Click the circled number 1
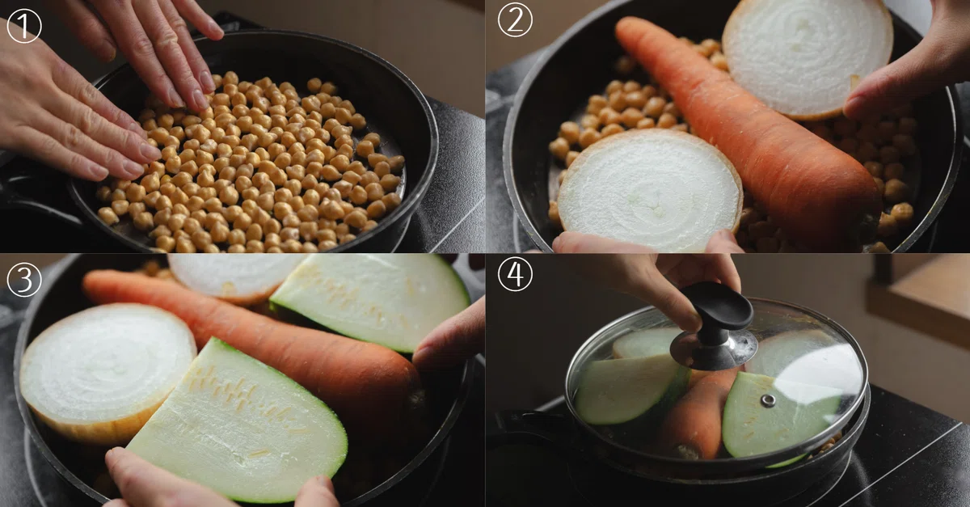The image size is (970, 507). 24,26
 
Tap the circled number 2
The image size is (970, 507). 515,20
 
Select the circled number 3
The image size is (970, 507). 24,280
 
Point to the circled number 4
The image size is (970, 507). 515,274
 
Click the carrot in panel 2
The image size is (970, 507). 749,130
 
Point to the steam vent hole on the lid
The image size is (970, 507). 768,400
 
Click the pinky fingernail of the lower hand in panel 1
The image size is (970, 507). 99,172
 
